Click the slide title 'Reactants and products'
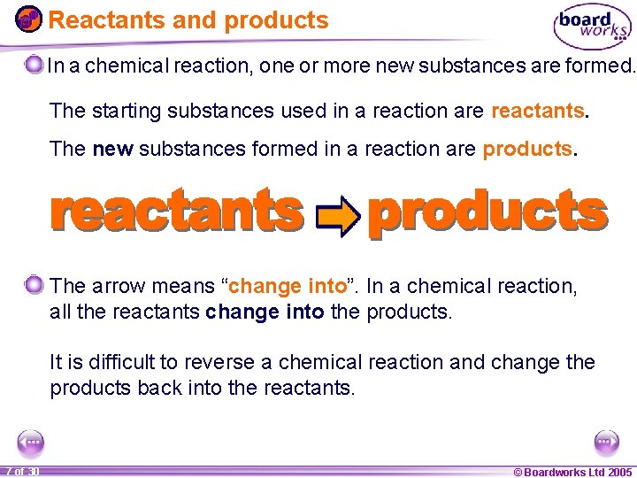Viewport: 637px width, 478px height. pyautogui.click(x=188, y=20)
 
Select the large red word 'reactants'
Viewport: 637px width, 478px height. pyautogui.click(x=177, y=212)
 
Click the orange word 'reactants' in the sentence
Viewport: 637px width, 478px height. pyautogui.click(x=538, y=112)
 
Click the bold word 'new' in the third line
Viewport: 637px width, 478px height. pyautogui.click(x=111, y=149)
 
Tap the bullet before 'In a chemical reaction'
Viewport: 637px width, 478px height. pyautogui.click(x=35, y=65)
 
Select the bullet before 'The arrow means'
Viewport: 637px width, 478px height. pyautogui.click(x=35, y=285)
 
